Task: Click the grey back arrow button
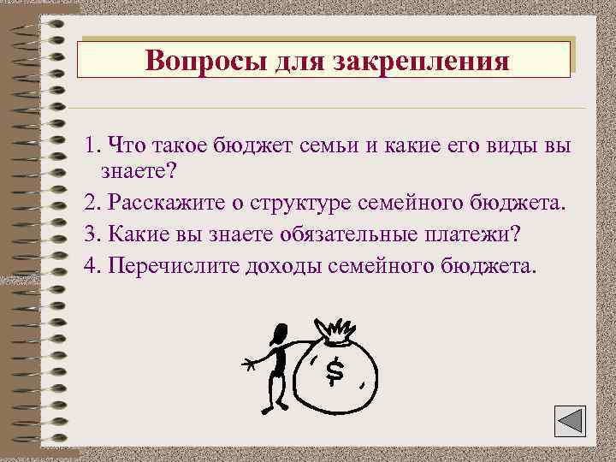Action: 566,423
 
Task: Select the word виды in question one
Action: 502,144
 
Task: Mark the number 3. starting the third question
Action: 92,234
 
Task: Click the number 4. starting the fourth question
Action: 92,265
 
